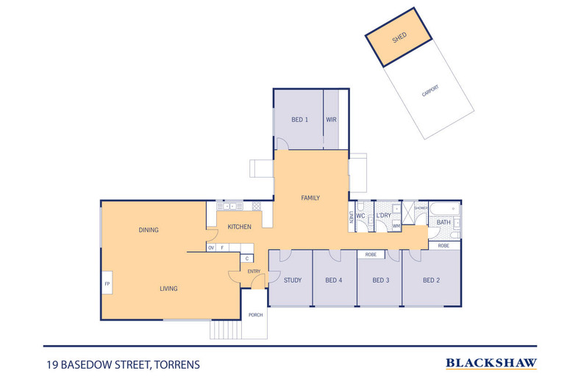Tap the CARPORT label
pyautogui.click(x=430, y=92)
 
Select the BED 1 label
pyautogui.click(x=299, y=119)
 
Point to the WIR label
pyautogui.click(x=331, y=119)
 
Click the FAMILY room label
pyautogui.click(x=310, y=198)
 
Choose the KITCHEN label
pyautogui.click(x=240, y=227)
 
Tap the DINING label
pyautogui.click(x=149, y=230)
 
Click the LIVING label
pyautogui.click(x=169, y=289)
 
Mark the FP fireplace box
pyautogui.click(x=107, y=283)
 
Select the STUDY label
pyautogui.click(x=293, y=280)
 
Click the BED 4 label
pyautogui.click(x=334, y=280)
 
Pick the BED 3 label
pyautogui.click(x=380, y=280)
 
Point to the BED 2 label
pyautogui.click(x=431, y=280)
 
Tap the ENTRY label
pyautogui.click(x=254, y=272)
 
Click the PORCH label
pyautogui.click(x=256, y=315)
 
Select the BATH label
pyautogui.click(x=443, y=222)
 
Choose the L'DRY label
pyautogui.click(x=383, y=215)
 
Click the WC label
pyautogui.click(x=361, y=216)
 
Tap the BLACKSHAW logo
pyautogui.click(x=491, y=363)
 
